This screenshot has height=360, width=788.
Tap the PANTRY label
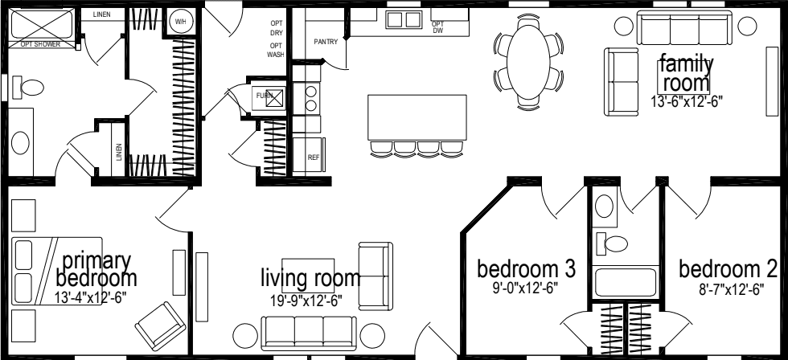pos(326,40)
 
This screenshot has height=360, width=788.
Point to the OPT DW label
pos(438,27)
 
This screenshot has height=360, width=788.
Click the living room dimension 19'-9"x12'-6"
pos(310,301)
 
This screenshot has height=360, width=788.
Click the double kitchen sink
pos(404,19)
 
